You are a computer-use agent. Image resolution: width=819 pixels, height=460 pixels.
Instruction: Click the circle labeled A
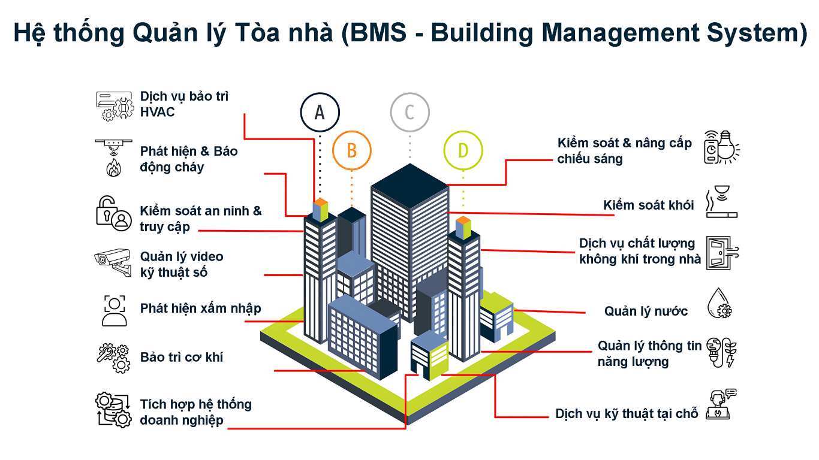pos(320,112)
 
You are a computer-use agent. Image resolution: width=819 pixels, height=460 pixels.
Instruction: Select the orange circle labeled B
pos(351,150)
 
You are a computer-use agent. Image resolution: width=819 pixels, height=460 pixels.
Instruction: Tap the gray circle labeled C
pos(409,112)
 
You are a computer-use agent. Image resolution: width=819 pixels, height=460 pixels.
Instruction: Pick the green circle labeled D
pos(463,150)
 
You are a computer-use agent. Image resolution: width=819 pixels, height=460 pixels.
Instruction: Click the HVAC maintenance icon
pos(114,106)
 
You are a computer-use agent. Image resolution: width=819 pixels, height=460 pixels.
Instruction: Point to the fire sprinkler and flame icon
pos(113,158)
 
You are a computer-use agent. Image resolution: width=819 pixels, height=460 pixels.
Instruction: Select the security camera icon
pos(113,261)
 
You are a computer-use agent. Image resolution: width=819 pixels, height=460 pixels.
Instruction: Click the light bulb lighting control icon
pos(721,147)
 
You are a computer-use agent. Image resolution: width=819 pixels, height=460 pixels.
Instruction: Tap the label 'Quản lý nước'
pos(646,311)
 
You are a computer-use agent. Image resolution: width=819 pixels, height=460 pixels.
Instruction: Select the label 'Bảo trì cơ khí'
pos(182,357)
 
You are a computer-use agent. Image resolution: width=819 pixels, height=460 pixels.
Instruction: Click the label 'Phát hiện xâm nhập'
pos(200,308)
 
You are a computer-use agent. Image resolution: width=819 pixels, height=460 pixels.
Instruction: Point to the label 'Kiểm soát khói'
pos(648,205)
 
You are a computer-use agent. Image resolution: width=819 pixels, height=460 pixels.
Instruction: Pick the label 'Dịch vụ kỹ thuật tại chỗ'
pos(627,414)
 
